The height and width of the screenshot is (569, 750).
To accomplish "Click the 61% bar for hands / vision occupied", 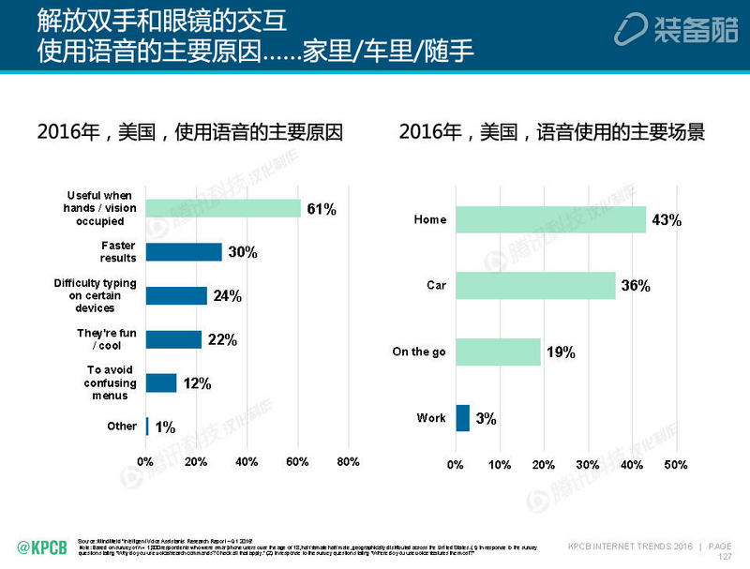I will (x=223, y=208).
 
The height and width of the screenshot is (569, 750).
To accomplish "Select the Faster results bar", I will (x=184, y=252).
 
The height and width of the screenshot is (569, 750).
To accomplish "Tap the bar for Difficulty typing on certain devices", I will (x=176, y=295).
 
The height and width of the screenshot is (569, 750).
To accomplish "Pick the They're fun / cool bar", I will (x=173, y=339).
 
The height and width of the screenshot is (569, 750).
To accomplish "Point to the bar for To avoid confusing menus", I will (x=161, y=382).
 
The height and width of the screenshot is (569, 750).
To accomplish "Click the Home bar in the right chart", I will (x=550, y=220).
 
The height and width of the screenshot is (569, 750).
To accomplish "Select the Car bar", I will (x=535, y=285).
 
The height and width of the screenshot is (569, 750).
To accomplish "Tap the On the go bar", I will (x=498, y=352).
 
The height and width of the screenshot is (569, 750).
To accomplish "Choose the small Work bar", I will (x=462, y=418).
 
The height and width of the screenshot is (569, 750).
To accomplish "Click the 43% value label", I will (x=667, y=220).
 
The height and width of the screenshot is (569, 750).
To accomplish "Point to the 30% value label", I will (x=242, y=252).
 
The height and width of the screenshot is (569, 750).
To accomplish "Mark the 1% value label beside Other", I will (x=165, y=427).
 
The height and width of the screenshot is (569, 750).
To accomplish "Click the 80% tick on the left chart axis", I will (x=347, y=462).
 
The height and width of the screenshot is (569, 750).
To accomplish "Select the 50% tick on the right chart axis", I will (x=675, y=465).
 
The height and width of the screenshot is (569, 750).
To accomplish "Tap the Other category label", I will (x=122, y=427).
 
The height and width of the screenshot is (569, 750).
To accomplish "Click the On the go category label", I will (x=419, y=352).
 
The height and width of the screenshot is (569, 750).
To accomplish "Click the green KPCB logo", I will (x=42, y=546).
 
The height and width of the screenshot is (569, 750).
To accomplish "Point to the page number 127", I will (x=724, y=556).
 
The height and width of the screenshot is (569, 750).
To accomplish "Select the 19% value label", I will (x=560, y=352).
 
